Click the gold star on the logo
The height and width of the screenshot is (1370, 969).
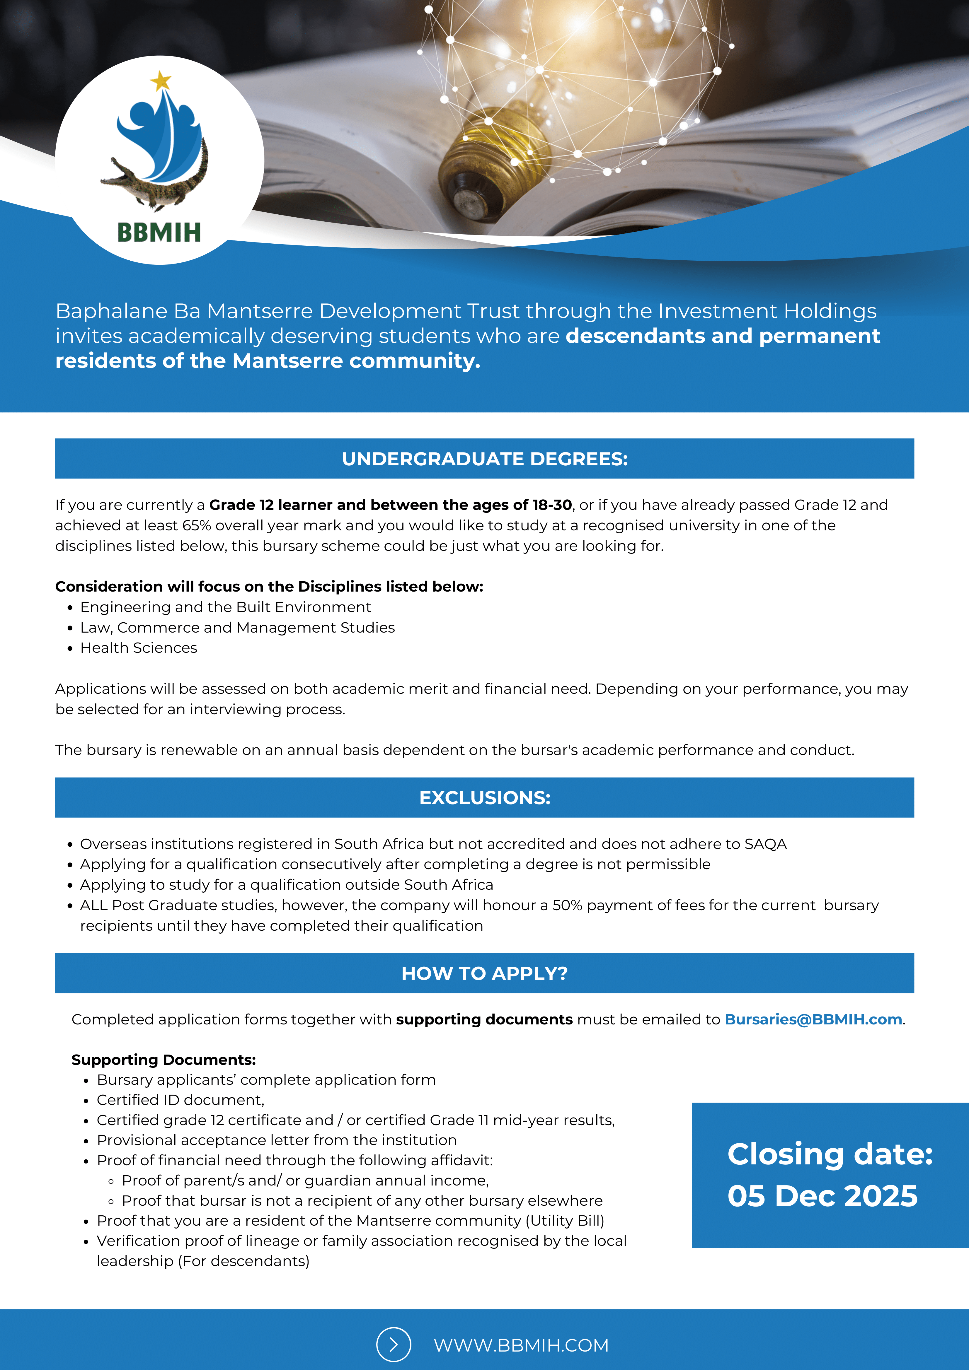tap(161, 81)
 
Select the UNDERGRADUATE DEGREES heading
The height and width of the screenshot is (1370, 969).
tap(484, 459)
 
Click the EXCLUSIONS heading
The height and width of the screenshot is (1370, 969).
tap(484, 798)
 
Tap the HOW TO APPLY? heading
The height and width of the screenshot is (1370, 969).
tap(484, 973)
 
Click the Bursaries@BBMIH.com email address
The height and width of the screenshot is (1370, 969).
tap(813, 1019)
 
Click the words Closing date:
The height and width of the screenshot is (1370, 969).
tap(829, 1153)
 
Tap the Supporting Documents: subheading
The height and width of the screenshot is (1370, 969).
tap(164, 1060)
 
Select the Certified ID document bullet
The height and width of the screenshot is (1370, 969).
tap(180, 1100)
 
